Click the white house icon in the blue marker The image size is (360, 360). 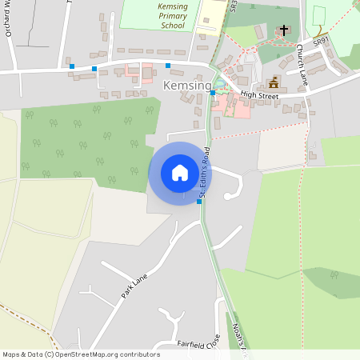179,172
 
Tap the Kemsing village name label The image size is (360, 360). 187,86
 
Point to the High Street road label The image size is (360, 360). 258,95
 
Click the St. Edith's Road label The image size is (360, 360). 205,171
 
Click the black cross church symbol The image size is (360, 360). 282,31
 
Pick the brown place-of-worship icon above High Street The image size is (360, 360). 274,82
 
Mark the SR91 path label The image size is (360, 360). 321,39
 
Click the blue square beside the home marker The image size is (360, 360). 199,202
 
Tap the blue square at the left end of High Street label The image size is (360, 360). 212,93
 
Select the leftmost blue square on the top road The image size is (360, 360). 72,66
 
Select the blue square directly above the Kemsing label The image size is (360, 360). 168,65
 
